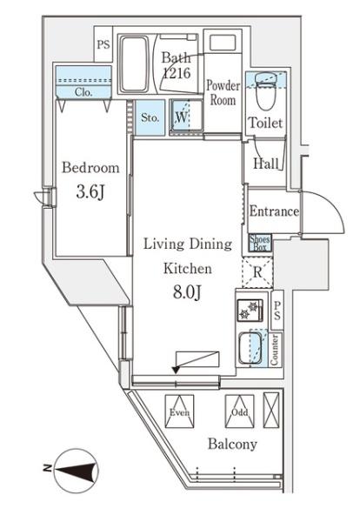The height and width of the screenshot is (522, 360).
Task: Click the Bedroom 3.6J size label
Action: (x=90, y=192)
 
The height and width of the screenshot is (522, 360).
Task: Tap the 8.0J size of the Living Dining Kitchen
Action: (x=187, y=292)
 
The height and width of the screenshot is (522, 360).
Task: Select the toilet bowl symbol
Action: (x=265, y=91)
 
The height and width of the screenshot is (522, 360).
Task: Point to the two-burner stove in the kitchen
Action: (x=250, y=311)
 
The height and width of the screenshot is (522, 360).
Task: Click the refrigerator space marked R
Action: (x=257, y=272)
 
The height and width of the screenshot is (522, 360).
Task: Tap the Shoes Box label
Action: (x=260, y=243)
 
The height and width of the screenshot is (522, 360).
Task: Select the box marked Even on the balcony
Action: (x=180, y=412)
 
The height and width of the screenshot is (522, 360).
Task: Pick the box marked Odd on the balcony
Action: (x=239, y=412)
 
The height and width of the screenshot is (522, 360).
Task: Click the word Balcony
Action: (x=232, y=445)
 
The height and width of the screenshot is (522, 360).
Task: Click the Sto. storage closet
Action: (x=150, y=117)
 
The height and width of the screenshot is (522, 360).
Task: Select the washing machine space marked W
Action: (x=186, y=117)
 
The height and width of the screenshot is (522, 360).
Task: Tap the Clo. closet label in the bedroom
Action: (x=83, y=92)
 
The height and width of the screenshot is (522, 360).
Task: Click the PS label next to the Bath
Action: (x=103, y=44)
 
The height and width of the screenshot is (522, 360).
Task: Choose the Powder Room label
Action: (x=223, y=93)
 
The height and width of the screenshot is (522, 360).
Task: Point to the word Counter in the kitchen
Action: (x=275, y=350)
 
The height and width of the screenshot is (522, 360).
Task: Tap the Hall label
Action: (x=266, y=164)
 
